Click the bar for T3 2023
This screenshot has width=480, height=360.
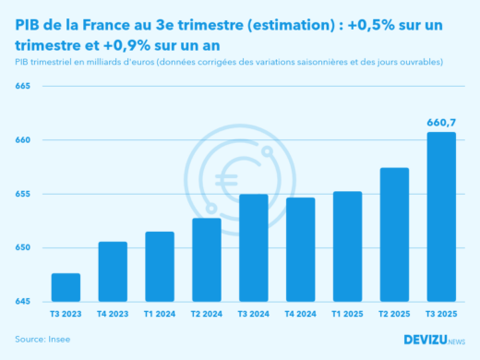(x=66, y=288)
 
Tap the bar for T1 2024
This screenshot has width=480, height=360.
(x=160, y=267)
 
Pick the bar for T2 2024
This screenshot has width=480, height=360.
(x=207, y=260)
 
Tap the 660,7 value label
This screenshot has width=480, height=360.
(x=440, y=123)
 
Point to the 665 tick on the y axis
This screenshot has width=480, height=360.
(x=23, y=87)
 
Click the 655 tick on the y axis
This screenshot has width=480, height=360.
(x=23, y=194)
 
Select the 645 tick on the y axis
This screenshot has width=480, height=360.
(x=23, y=302)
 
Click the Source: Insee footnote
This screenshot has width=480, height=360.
(x=42, y=340)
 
